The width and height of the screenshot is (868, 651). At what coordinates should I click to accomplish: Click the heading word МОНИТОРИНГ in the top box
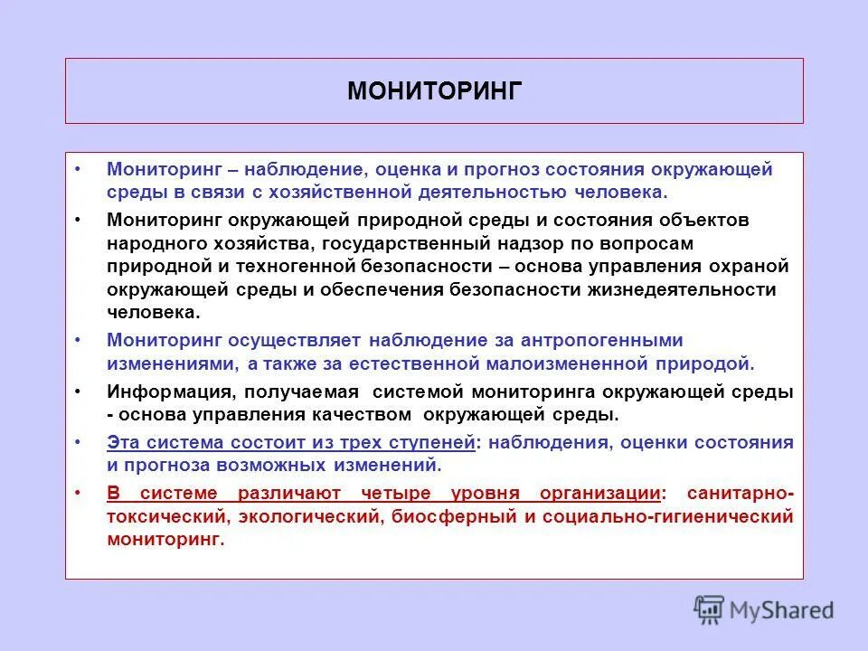tap(435, 91)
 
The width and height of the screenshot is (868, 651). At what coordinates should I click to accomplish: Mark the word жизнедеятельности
tap(693, 290)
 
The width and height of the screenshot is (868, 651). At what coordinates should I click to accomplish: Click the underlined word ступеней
tap(433, 443)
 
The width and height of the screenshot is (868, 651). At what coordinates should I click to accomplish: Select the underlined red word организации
tap(599, 494)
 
